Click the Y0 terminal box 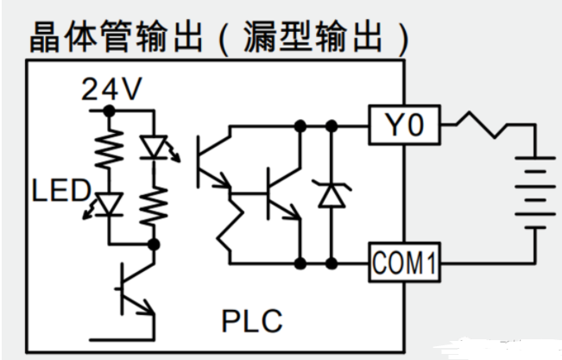point(405,127)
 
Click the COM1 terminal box point(405,259)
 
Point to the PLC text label point(251,322)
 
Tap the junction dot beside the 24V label point(108,111)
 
